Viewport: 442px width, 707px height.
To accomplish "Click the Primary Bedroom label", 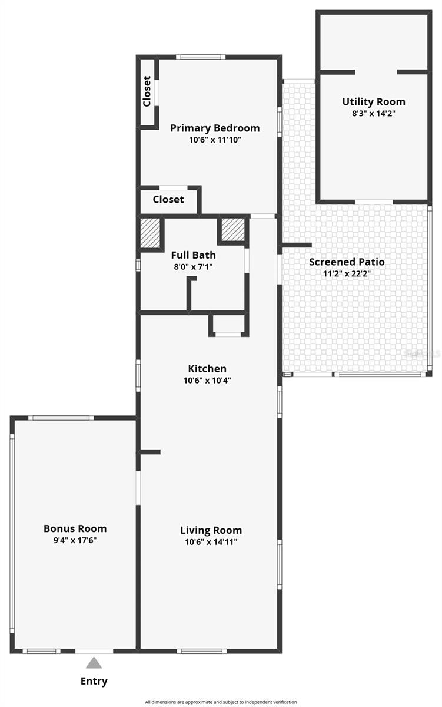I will point(215,128).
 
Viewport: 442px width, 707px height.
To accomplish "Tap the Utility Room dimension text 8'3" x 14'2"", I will point(374,114).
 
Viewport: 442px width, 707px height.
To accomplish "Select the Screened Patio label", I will point(347,262).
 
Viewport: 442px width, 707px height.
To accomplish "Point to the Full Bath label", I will point(193,255).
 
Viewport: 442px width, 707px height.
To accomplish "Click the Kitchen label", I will point(207,369).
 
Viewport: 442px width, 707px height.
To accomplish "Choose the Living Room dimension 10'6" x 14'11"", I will point(211,542).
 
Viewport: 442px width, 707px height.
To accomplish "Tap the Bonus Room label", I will point(75,528).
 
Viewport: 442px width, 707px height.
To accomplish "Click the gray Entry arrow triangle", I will point(94,663).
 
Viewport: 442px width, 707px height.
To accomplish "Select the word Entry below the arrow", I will point(94,682).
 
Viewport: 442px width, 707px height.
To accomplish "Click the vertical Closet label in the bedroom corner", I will point(147,91).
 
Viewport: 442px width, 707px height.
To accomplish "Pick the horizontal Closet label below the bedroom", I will point(168,200).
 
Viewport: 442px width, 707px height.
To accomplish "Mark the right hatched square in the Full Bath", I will point(232,229).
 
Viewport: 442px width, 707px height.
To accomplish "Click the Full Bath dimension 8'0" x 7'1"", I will point(193,266).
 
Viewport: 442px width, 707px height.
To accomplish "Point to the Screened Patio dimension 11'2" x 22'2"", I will point(347,273).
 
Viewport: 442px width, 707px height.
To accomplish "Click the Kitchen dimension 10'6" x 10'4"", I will point(207,381).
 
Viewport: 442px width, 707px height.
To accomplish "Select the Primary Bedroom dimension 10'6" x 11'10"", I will point(215,140).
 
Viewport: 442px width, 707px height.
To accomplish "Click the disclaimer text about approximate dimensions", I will point(221,702).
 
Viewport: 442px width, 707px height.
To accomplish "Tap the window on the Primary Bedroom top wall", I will point(200,57).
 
